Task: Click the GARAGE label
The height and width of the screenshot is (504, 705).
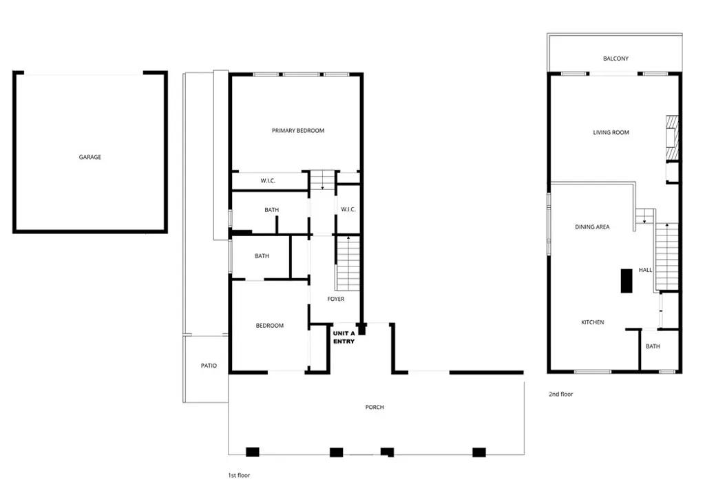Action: (x=90, y=157)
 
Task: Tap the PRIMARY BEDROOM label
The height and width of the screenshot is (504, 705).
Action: (x=297, y=131)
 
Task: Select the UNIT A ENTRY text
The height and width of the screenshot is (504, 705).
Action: (x=344, y=337)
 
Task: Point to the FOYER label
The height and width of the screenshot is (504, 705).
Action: (x=335, y=299)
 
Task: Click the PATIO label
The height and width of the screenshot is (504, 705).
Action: (x=209, y=366)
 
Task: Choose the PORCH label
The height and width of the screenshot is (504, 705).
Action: (x=375, y=407)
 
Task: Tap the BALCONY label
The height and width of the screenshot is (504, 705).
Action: (x=615, y=59)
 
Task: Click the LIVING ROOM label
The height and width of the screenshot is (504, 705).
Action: (x=611, y=132)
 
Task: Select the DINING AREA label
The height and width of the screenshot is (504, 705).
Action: (x=592, y=227)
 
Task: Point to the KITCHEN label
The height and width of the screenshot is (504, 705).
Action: (x=592, y=322)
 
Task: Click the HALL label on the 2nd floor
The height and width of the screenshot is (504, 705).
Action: (x=645, y=270)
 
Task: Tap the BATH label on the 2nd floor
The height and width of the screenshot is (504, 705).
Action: (x=652, y=346)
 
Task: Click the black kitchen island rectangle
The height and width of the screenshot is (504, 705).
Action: (x=627, y=281)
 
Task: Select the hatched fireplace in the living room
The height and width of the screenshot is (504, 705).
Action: (x=671, y=136)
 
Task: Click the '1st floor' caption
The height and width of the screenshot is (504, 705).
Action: (x=239, y=475)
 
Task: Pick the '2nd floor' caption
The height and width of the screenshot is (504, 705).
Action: (x=560, y=395)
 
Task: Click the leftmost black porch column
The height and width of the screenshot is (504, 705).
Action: (x=253, y=452)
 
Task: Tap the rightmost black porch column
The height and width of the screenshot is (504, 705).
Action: (x=478, y=452)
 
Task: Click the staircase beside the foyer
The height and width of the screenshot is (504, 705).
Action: (x=348, y=262)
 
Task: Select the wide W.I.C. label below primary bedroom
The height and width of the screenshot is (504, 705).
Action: (x=268, y=181)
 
